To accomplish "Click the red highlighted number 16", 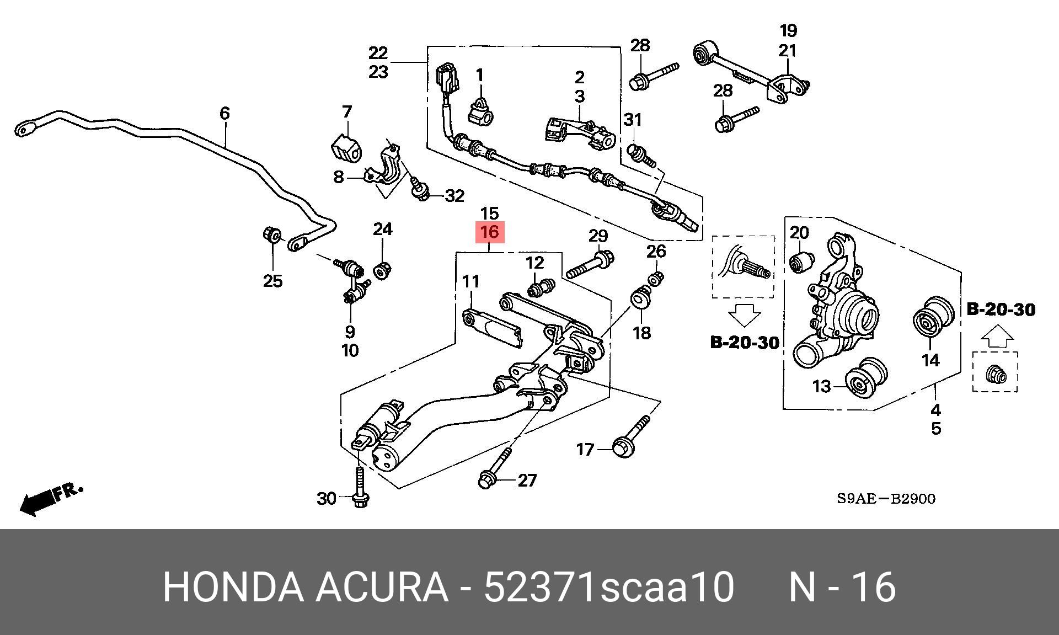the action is pos(490,232).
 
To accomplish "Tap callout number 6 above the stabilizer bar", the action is pos(224,113).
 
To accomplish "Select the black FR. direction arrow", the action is pos(51,499).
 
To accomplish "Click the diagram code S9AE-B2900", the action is pos(886,499).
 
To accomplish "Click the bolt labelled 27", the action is pos(495,469).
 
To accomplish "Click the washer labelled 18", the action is pos(640,298).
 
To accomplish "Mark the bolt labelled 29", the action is pos(591,264).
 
